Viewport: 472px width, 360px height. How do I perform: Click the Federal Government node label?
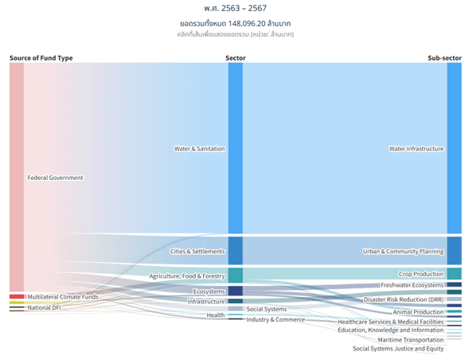pyautogui.click(x=55, y=178)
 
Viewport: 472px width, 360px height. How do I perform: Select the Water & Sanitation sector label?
pyautogui.click(x=200, y=148)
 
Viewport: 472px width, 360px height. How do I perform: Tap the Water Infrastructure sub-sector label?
pyautogui.click(x=416, y=148)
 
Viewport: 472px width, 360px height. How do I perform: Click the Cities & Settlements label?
pyautogui.click(x=198, y=251)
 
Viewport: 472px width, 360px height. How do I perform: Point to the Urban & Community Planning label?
pyautogui.click(x=403, y=251)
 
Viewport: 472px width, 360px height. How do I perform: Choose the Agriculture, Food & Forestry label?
pyautogui.click(x=187, y=276)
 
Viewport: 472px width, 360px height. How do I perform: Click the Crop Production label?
pyautogui.click(x=421, y=274)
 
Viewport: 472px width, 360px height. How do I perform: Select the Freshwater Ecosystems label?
pyautogui.click(x=412, y=285)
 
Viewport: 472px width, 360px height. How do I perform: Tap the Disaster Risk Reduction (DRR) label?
pyautogui.click(x=404, y=299)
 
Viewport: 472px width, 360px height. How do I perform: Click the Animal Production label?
pyautogui.click(x=419, y=311)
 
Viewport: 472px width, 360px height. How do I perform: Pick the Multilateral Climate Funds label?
pyautogui.click(x=63, y=297)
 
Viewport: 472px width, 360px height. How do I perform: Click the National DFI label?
pyautogui.click(x=44, y=307)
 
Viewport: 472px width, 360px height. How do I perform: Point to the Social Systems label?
pyautogui.click(x=267, y=309)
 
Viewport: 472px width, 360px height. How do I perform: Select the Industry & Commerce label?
pyautogui.click(x=275, y=319)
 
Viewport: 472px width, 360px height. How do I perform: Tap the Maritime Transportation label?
pyautogui.click(x=411, y=339)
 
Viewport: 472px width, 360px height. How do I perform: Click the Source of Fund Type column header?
pyautogui.click(x=41, y=58)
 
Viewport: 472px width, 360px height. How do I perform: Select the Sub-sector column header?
pyautogui.click(x=444, y=58)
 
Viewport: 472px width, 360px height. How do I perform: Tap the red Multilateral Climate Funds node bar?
pyautogui.click(x=17, y=296)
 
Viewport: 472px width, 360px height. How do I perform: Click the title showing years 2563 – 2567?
pyautogui.click(x=236, y=7)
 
